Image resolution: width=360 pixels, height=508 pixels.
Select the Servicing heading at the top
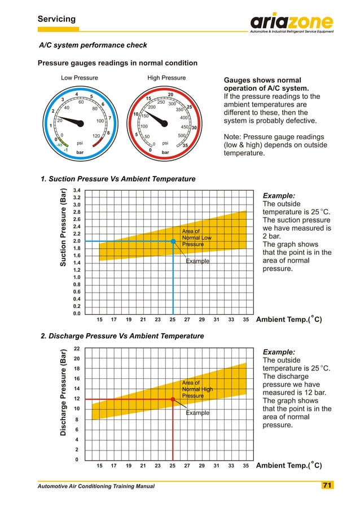point(56,19)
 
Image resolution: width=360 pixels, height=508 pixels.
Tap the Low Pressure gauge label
point(80,78)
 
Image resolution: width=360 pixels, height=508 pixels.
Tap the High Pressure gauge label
point(166,78)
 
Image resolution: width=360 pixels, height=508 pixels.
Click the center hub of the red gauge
point(166,123)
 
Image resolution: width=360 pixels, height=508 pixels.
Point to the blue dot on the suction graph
point(173,241)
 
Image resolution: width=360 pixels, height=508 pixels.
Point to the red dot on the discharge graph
point(173,399)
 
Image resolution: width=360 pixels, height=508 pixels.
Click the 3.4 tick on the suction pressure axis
point(77,191)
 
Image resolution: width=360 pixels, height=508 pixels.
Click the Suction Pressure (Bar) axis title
point(64,227)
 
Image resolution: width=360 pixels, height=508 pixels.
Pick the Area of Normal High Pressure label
point(197,389)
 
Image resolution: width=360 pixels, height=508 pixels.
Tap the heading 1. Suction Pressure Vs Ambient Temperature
point(118,179)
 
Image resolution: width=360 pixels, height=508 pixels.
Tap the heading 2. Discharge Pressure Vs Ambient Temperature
point(123,337)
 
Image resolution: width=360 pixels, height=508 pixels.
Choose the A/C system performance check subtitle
point(93,45)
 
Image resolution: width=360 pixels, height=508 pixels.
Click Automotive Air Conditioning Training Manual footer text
point(96,486)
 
